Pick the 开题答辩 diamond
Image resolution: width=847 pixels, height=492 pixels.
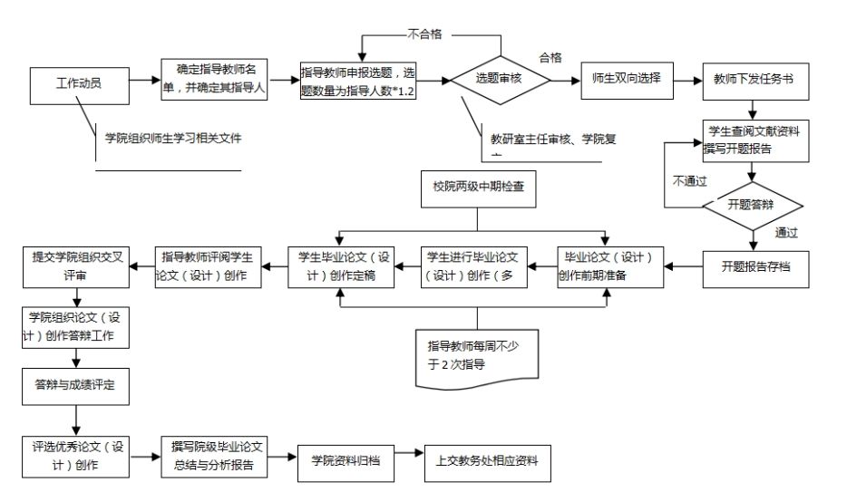coord(752,205)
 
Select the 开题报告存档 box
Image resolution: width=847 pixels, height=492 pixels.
coord(755,266)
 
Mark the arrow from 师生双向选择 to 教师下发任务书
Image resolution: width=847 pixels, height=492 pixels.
coord(686,80)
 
